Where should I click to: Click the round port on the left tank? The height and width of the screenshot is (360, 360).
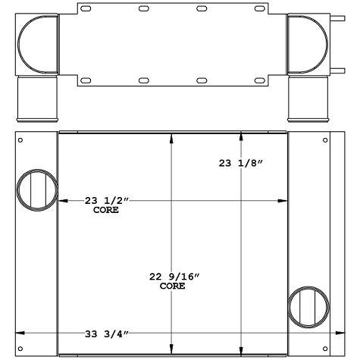tap(36, 189)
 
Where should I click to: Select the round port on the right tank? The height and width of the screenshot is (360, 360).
tap(309, 307)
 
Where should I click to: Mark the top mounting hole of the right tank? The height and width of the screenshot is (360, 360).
tap(327, 140)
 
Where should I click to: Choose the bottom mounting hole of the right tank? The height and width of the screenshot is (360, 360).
tap(327, 349)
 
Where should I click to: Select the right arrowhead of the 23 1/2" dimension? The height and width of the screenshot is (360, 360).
tap(283, 200)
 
